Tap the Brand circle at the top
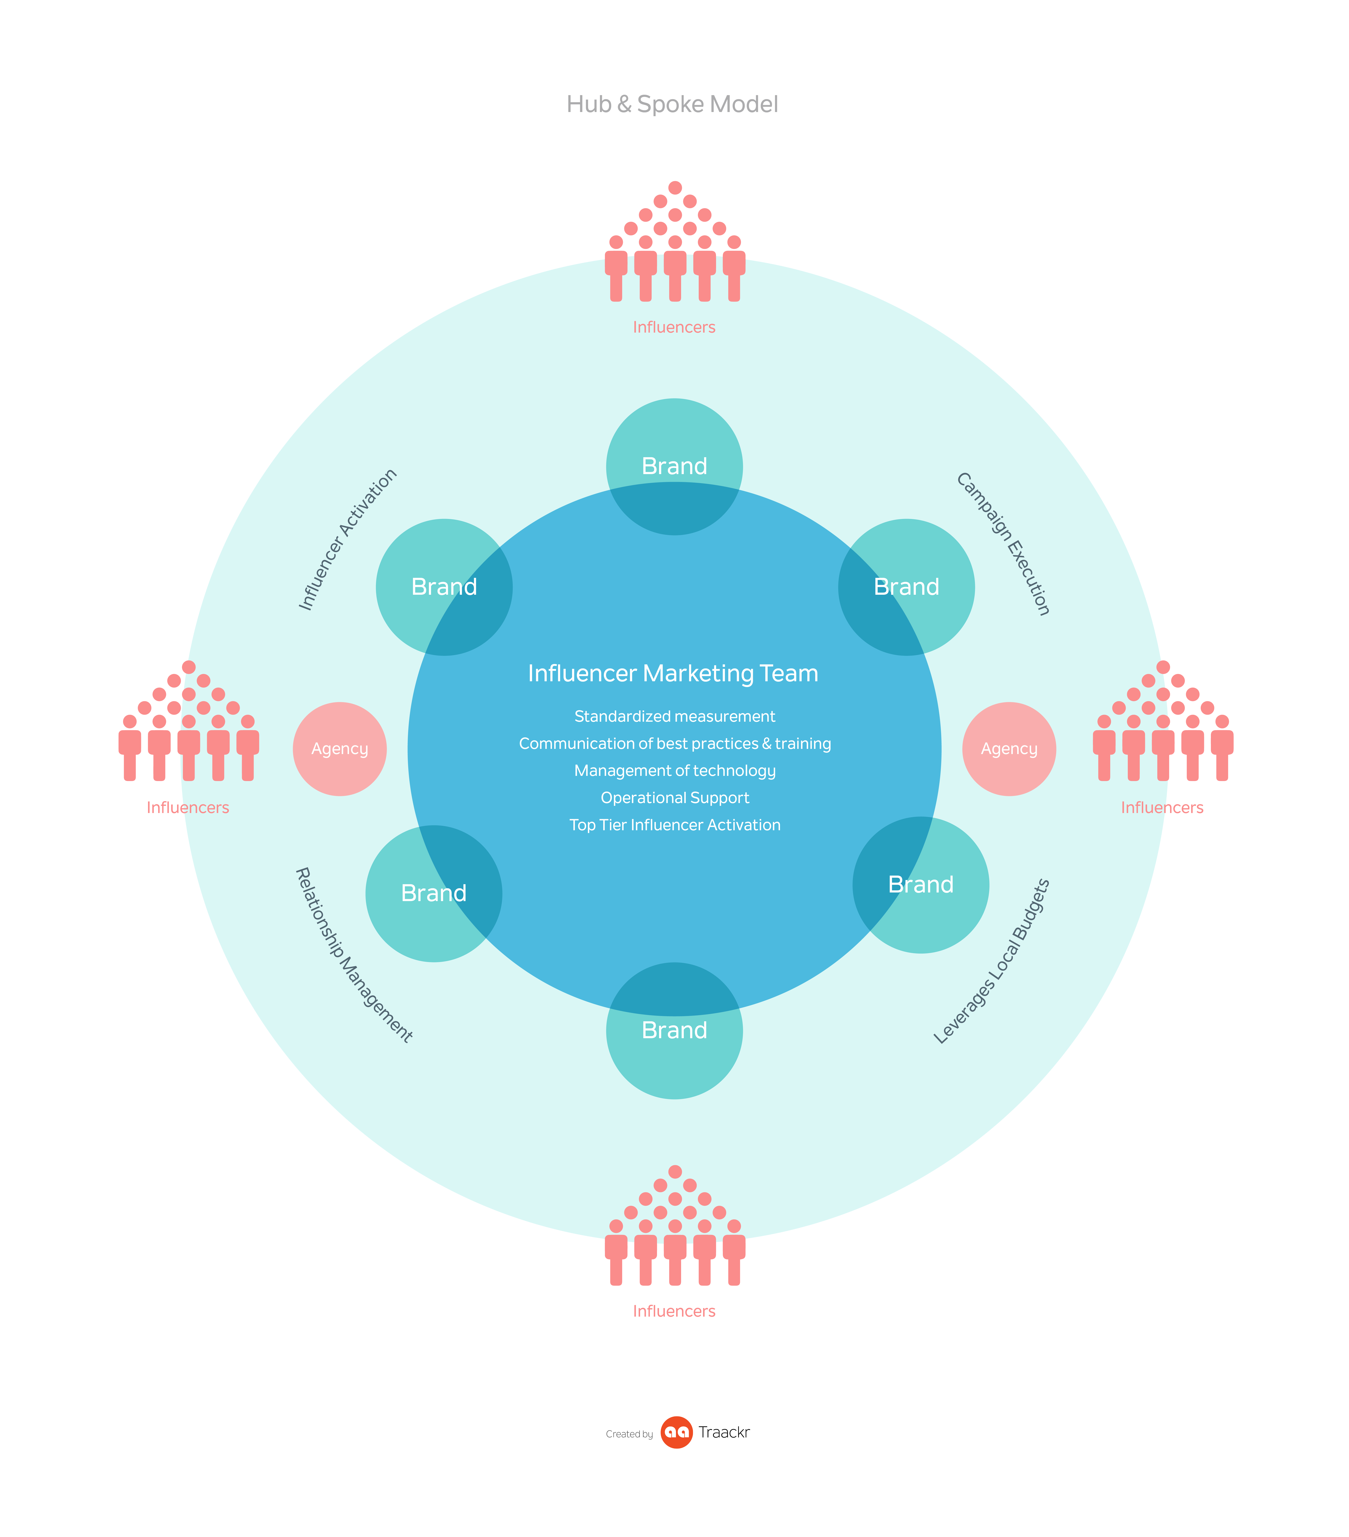(x=674, y=466)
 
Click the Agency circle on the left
(x=340, y=749)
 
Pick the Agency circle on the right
(x=1009, y=749)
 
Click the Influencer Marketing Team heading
(x=673, y=673)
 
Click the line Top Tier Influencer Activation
(x=674, y=825)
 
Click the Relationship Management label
(x=353, y=955)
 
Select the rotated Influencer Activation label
(x=347, y=539)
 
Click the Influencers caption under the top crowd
(x=673, y=327)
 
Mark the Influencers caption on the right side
(x=1162, y=808)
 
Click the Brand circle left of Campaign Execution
(x=906, y=586)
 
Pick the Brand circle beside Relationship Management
(x=434, y=893)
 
